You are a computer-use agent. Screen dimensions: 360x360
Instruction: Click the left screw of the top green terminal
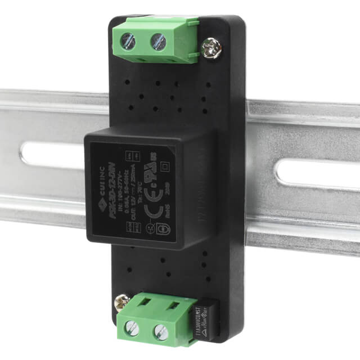click(x=129, y=40)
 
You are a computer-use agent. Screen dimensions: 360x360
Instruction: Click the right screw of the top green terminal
click(x=159, y=40)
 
